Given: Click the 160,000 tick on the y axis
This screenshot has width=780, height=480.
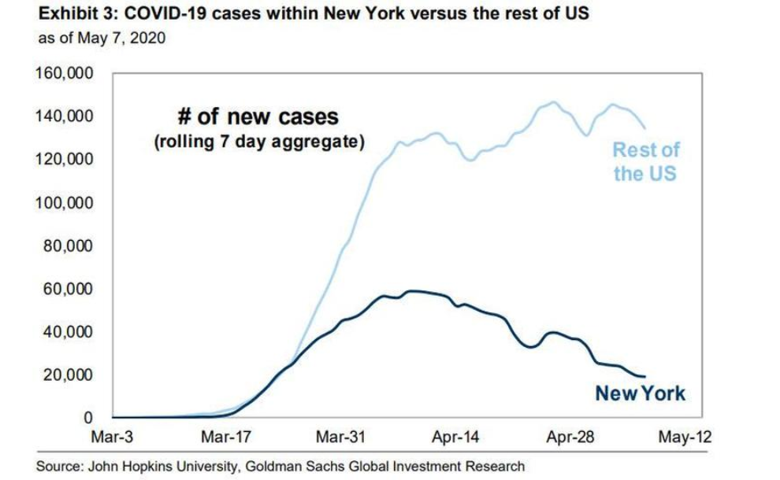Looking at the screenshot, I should pyautogui.click(x=65, y=74).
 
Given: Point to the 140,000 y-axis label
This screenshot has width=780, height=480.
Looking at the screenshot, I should pyautogui.click(x=65, y=116).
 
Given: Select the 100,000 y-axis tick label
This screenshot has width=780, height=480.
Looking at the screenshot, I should pyautogui.click(x=65, y=203).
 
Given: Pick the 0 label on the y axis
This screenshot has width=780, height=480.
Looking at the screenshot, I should pyautogui.click(x=89, y=417).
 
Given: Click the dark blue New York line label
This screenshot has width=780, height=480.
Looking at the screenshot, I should pyautogui.click(x=641, y=393).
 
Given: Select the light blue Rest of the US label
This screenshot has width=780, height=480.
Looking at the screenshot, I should pyautogui.click(x=645, y=161).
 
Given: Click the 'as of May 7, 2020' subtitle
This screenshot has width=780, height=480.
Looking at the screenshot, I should pyautogui.click(x=102, y=38).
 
